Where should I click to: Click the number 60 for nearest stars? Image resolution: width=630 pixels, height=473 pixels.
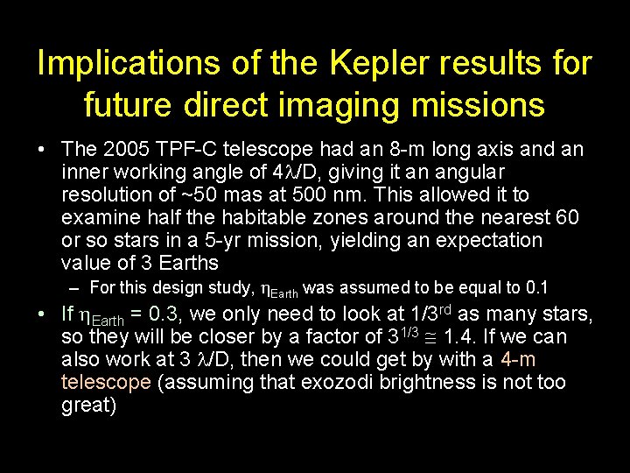[x=568, y=217]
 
